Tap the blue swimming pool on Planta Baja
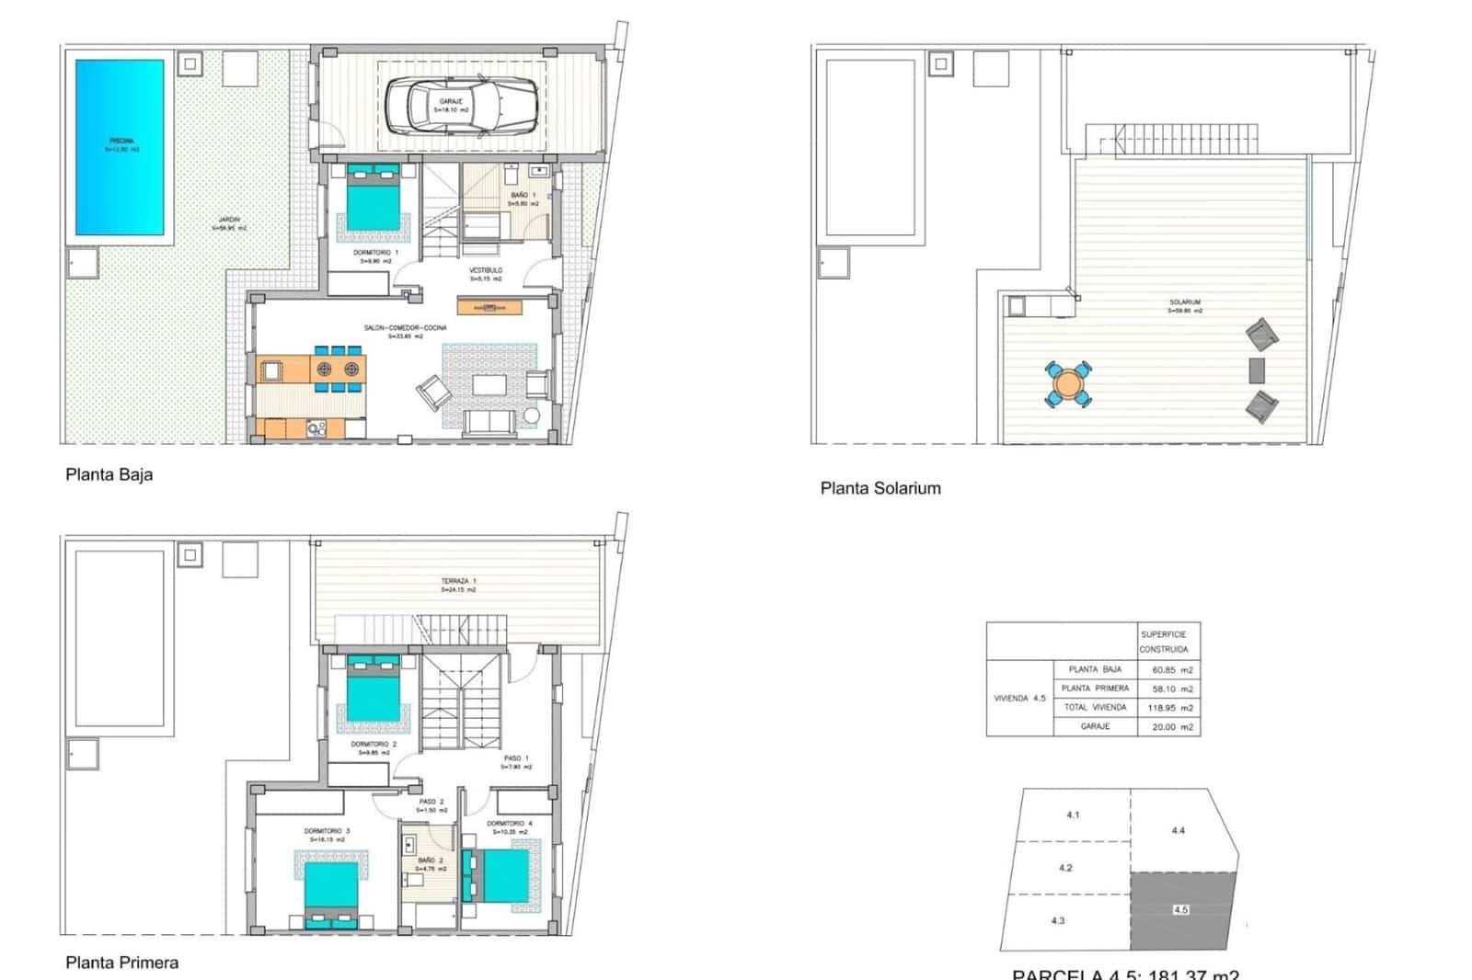point(120,147)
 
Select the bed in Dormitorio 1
point(374,197)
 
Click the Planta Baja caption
point(109,474)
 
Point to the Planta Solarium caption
point(880,488)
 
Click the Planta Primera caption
point(121,963)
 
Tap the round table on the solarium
point(1068,383)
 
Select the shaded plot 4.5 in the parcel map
point(1181,910)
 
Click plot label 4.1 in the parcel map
point(1073,815)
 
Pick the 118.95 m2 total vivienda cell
point(1172,708)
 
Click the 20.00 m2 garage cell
point(1172,726)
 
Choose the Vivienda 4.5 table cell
point(1019,699)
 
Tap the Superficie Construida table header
point(1164,642)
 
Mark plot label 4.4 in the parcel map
point(1179,830)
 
